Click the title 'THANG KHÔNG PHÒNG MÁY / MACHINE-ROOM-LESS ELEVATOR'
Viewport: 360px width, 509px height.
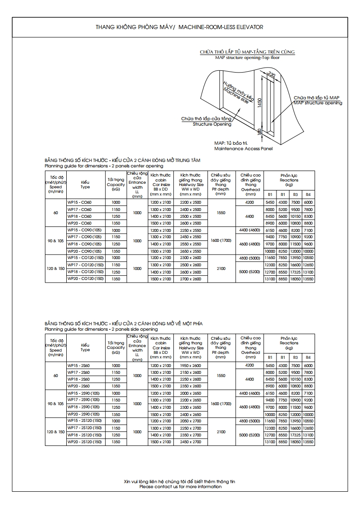click(x=179, y=27)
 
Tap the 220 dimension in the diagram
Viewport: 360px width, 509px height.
click(x=271, y=75)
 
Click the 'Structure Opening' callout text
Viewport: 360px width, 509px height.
click(x=212, y=124)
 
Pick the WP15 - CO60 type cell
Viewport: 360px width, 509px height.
click(x=79, y=202)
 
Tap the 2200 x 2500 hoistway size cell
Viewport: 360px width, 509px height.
click(x=191, y=202)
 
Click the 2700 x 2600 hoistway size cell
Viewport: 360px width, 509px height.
click(x=191, y=279)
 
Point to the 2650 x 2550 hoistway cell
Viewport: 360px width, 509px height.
click(x=191, y=251)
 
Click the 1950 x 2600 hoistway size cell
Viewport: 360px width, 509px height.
click(x=191, y=365)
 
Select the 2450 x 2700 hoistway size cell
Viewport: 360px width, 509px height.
click(x=191, y=442)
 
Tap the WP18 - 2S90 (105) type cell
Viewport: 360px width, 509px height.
click(x=84, y=407)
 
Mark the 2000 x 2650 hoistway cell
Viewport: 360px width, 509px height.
click(x=191, y=393)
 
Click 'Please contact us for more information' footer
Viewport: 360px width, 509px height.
click(x=180, y=487)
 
